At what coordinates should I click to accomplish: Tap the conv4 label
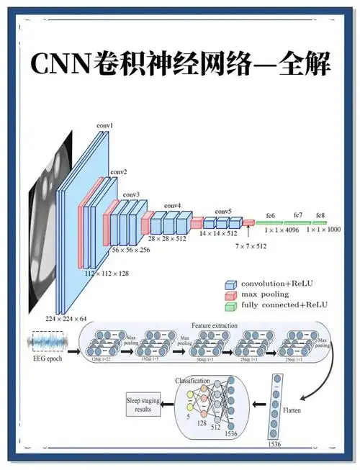172,206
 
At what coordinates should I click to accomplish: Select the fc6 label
271,215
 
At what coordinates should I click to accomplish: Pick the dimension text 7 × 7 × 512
251,246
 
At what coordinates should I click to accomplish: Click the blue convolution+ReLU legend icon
230,284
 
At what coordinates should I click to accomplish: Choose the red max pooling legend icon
230,294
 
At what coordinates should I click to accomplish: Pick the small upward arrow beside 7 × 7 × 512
248,232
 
